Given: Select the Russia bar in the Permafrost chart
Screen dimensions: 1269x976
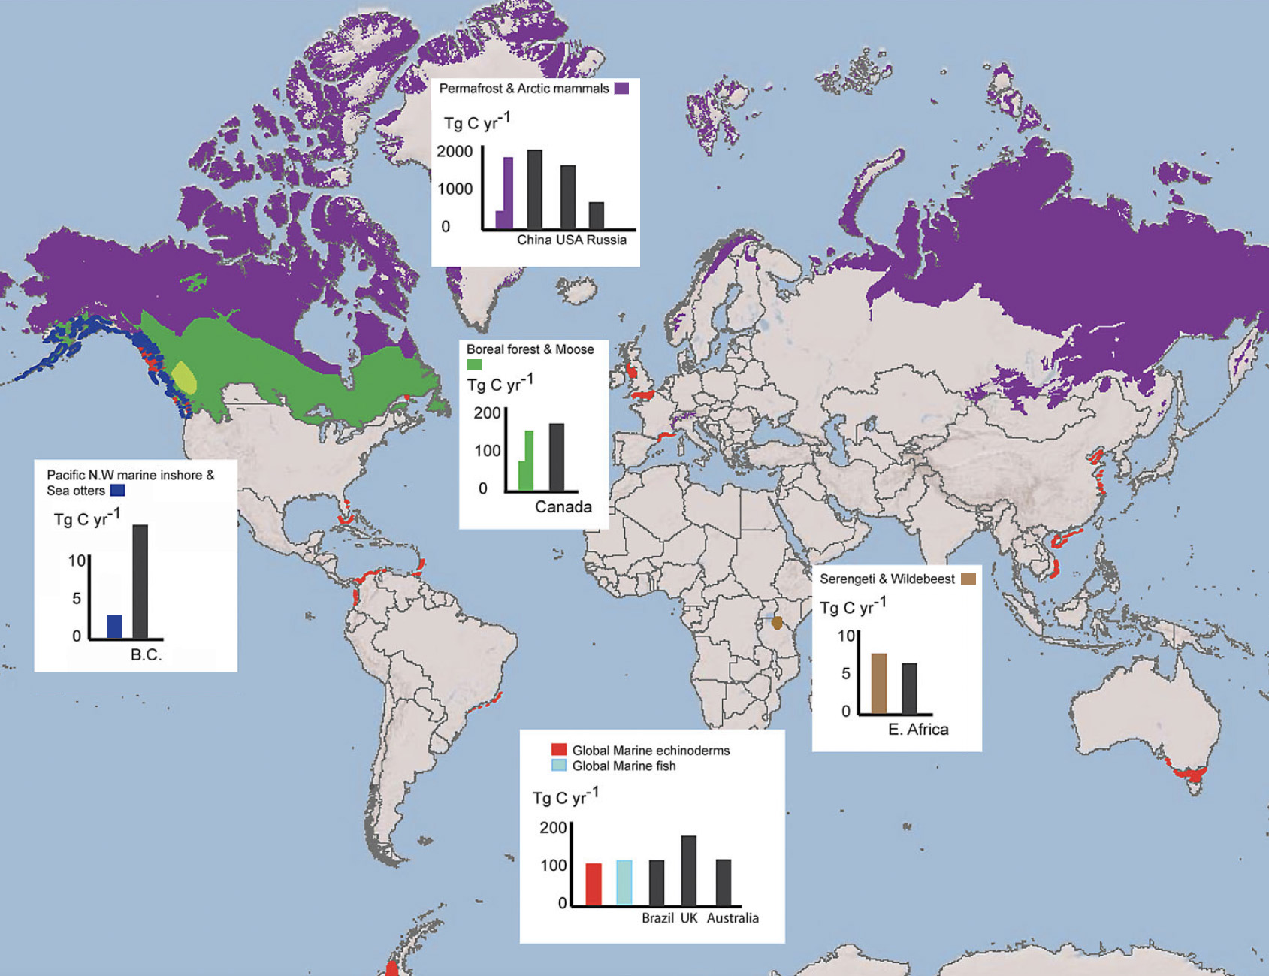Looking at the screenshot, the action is [x=596, y=216].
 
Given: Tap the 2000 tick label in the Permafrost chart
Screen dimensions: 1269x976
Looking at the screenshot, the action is [x=455, y=152].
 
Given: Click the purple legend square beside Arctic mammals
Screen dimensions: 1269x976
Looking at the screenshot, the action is [x=621, y=89].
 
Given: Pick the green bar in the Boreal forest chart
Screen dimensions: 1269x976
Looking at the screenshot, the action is [x=528, y=460].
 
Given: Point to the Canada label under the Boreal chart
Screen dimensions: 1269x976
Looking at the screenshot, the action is [x=563, y=507].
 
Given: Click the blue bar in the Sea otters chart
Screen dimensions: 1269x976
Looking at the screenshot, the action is [x=114, y=627].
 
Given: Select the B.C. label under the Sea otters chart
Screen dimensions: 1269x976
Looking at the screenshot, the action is [x=146, y=655].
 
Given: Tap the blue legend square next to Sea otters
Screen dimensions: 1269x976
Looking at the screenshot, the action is [x=117, y=491].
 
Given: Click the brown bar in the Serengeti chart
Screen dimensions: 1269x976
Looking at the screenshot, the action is [x=878, y=683].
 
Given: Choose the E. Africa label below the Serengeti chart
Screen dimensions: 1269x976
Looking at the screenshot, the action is [x=918, y=730].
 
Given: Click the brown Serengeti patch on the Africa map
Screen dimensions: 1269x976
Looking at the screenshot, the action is [x=777, y=623].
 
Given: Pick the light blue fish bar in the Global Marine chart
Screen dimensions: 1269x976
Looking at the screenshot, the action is [x=624, y=882].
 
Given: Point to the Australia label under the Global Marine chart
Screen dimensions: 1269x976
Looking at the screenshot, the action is [x=732, y=918].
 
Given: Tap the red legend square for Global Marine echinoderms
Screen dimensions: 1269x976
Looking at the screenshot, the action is [x=558, y=750].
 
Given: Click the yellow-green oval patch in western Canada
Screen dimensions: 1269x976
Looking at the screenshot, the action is [x=184, y=378].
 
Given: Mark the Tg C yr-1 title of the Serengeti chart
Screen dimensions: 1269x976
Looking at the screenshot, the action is [x=853, y=607].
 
